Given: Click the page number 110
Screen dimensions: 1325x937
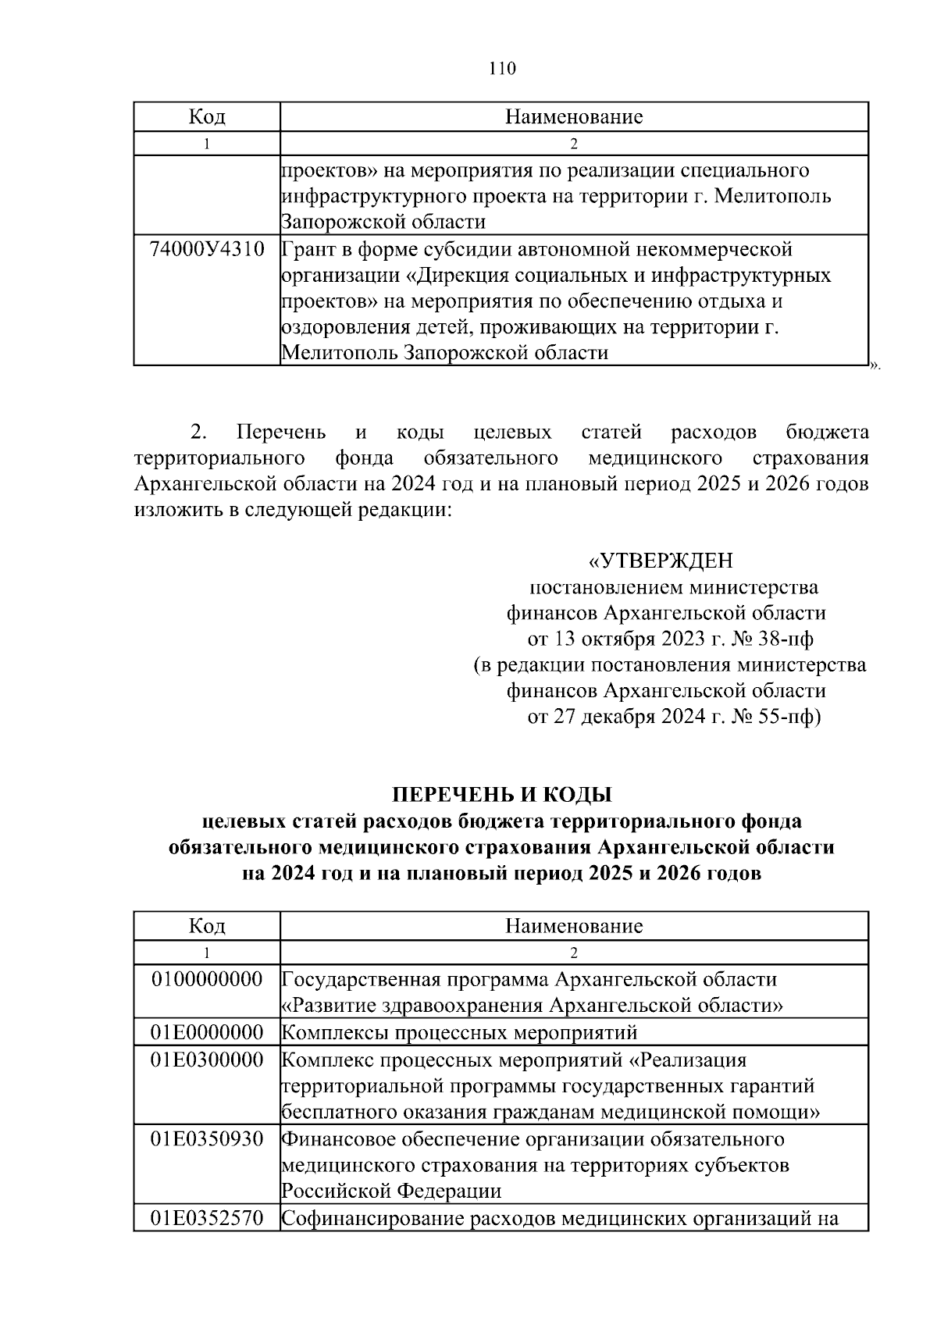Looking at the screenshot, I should pos(502,69).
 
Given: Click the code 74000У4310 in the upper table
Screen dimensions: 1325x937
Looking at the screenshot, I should pos(207,250).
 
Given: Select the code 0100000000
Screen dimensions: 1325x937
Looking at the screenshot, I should pos(207,979).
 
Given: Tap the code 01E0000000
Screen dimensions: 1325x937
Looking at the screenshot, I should pos(207,1032).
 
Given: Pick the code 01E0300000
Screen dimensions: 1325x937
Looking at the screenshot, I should pos(207,1060).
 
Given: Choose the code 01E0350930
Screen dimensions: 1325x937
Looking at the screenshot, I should pos(207,1138).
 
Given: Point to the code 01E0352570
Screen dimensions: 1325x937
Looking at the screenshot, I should pos(207,1218).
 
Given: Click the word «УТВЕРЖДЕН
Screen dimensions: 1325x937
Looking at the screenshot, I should pos(661,561).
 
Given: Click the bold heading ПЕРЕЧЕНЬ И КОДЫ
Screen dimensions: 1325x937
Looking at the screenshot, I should pos(501,795).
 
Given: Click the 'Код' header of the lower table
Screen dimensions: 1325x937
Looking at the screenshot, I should pos(207,926).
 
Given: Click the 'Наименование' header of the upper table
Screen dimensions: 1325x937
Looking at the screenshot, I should pos(574,117).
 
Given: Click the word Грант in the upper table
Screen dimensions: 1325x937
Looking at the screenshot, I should pos(310,250).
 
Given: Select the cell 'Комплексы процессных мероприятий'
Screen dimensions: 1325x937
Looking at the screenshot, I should pos(459,1032).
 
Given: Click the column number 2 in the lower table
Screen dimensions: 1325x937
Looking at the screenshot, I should pos(574,953).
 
